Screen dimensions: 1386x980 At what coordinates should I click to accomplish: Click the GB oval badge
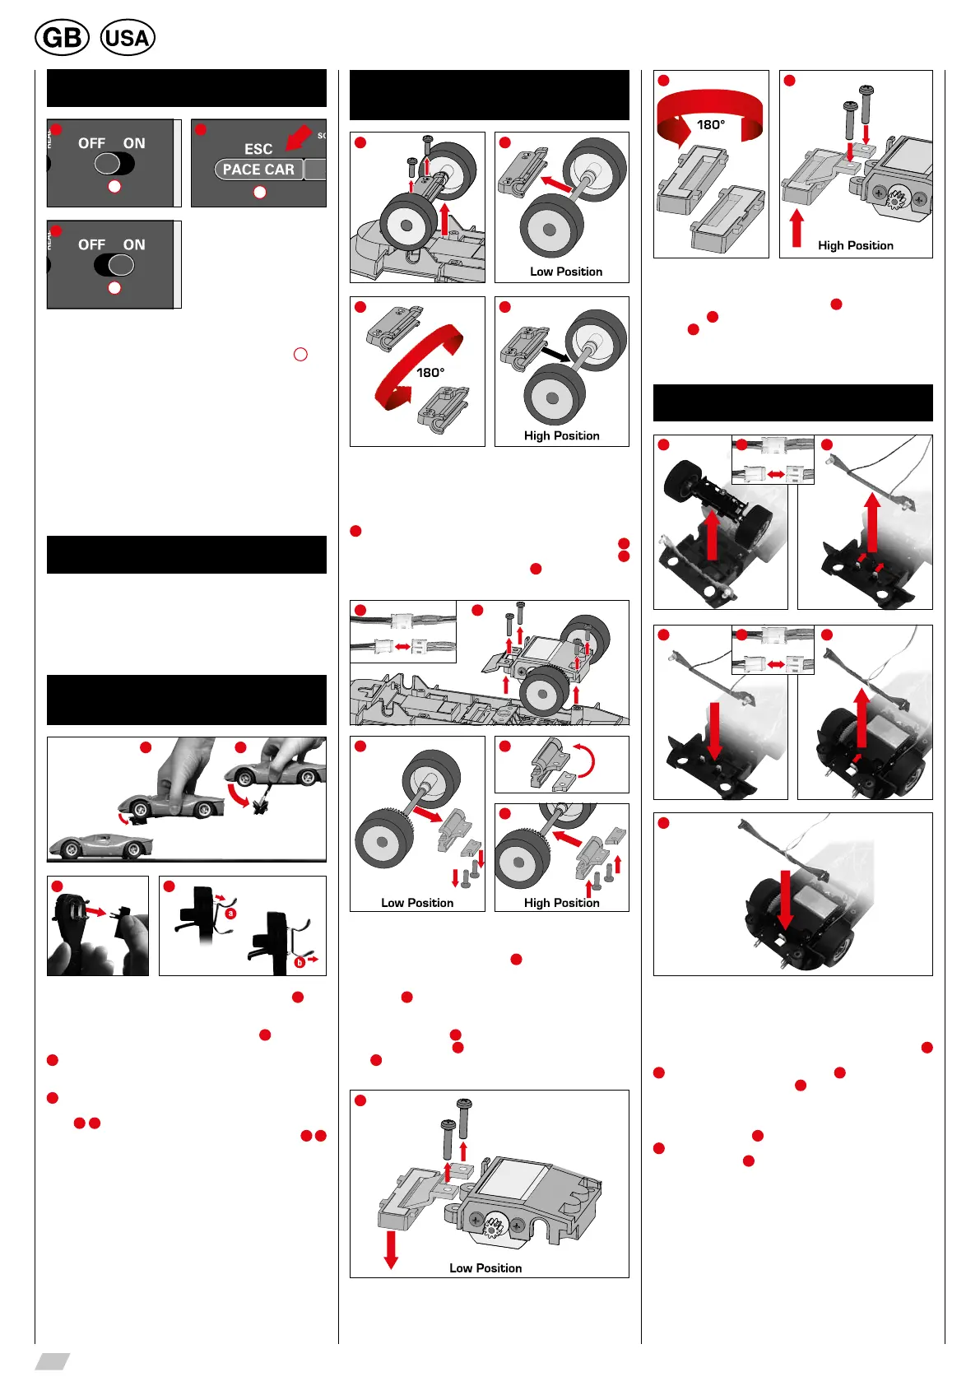(62, 38)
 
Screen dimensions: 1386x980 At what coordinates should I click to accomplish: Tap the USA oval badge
(128, 38)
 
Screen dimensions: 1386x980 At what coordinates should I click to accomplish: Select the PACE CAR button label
(258, 170)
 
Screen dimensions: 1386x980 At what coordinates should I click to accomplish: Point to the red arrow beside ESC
(297, 138)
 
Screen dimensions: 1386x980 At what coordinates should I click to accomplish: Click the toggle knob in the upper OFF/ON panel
(108, 163)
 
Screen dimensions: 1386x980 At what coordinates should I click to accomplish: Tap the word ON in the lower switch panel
(134, 244)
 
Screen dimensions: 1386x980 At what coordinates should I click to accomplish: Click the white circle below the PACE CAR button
(260, 192)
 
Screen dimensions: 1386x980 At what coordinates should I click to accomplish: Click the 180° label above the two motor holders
(711, 125)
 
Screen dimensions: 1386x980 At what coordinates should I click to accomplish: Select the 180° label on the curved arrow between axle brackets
(430, 372)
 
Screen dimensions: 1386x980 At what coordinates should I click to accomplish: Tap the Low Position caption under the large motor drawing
(485, 1267)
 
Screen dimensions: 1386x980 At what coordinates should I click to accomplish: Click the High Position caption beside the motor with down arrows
(855, 245)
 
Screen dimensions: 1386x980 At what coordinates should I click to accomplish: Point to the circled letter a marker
(231, 913)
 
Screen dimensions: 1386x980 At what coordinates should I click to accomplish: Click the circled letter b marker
(300, 962)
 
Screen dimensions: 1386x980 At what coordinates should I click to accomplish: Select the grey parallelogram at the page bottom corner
(52, 1360)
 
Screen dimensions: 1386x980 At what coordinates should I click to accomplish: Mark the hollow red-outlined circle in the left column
(300, 354)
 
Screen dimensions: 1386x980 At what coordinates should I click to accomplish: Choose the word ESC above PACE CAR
(258, 149)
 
